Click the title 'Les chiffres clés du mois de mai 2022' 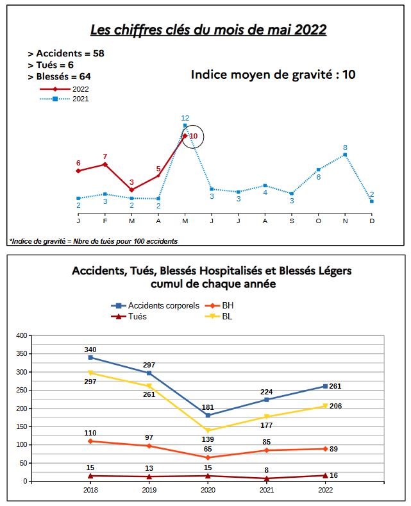(208, 30)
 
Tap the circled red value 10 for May (194, 136)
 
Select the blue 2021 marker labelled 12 (185, 125)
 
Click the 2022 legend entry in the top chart (64, 89)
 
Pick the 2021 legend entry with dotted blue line (64, 99)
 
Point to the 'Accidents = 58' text (66, 53)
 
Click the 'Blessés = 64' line (60, 76)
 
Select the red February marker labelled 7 (105, 165)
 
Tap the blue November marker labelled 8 (345, 155)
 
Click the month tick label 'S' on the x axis (292, 221)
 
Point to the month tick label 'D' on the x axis (372, 221)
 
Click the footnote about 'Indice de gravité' (94, 241)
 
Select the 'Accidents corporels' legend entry (155, 305)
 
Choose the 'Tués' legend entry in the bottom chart (129, 316)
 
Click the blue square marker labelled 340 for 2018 (90, 358)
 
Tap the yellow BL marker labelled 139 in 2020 (208, 430)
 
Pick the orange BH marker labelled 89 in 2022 (325, 449)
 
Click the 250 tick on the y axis (22, 390)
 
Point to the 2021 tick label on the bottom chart (267, 490)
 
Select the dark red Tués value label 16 (333, 475)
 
